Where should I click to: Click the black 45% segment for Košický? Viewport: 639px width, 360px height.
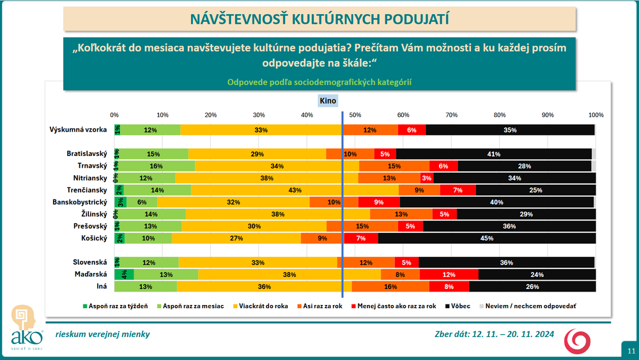[x=487, y=238]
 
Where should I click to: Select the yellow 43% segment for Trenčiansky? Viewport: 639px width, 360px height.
[x=295, y=190]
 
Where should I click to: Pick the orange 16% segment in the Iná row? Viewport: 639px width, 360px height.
[x=390, y=286]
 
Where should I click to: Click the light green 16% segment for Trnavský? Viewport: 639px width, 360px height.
[x=156, y=166]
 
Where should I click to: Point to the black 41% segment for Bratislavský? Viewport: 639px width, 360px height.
[x=493, y=154]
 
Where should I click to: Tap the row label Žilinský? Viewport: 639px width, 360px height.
[x=89, y=214]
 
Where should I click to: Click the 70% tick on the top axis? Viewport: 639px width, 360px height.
[x=451, y=114]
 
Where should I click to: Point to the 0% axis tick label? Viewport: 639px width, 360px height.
[x=115, y=114]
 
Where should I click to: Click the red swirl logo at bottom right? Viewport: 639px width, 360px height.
[x=577, y=341]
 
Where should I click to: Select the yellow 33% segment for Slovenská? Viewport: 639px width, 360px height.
[x=258, y=262]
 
